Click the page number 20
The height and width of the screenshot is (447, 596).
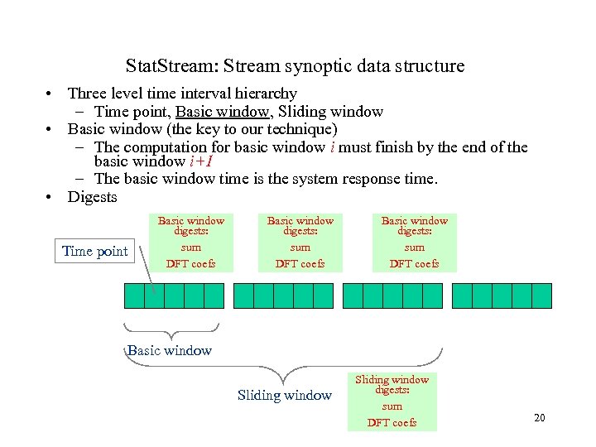(x=539, y=417)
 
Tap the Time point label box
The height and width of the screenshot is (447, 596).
(x=95, y=252)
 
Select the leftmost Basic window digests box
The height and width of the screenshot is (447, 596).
(x=190, y=242)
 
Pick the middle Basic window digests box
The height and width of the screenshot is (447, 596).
(x=300, y=242)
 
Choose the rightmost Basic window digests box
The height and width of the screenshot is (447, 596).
(x=414, y=242)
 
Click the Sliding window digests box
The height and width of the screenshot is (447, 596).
(x=392, y=401)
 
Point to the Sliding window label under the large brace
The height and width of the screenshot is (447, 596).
(x=284, y=396)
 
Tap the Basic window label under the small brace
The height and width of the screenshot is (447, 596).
(x=170, y=350)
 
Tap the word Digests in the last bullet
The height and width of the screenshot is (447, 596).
(x=93, y=197)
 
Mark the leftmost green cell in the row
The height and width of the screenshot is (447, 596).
(x=134, y=296)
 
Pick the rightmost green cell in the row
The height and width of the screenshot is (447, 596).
(x=541, y=296)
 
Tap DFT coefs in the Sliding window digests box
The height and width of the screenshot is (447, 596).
(x=392, y=423)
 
